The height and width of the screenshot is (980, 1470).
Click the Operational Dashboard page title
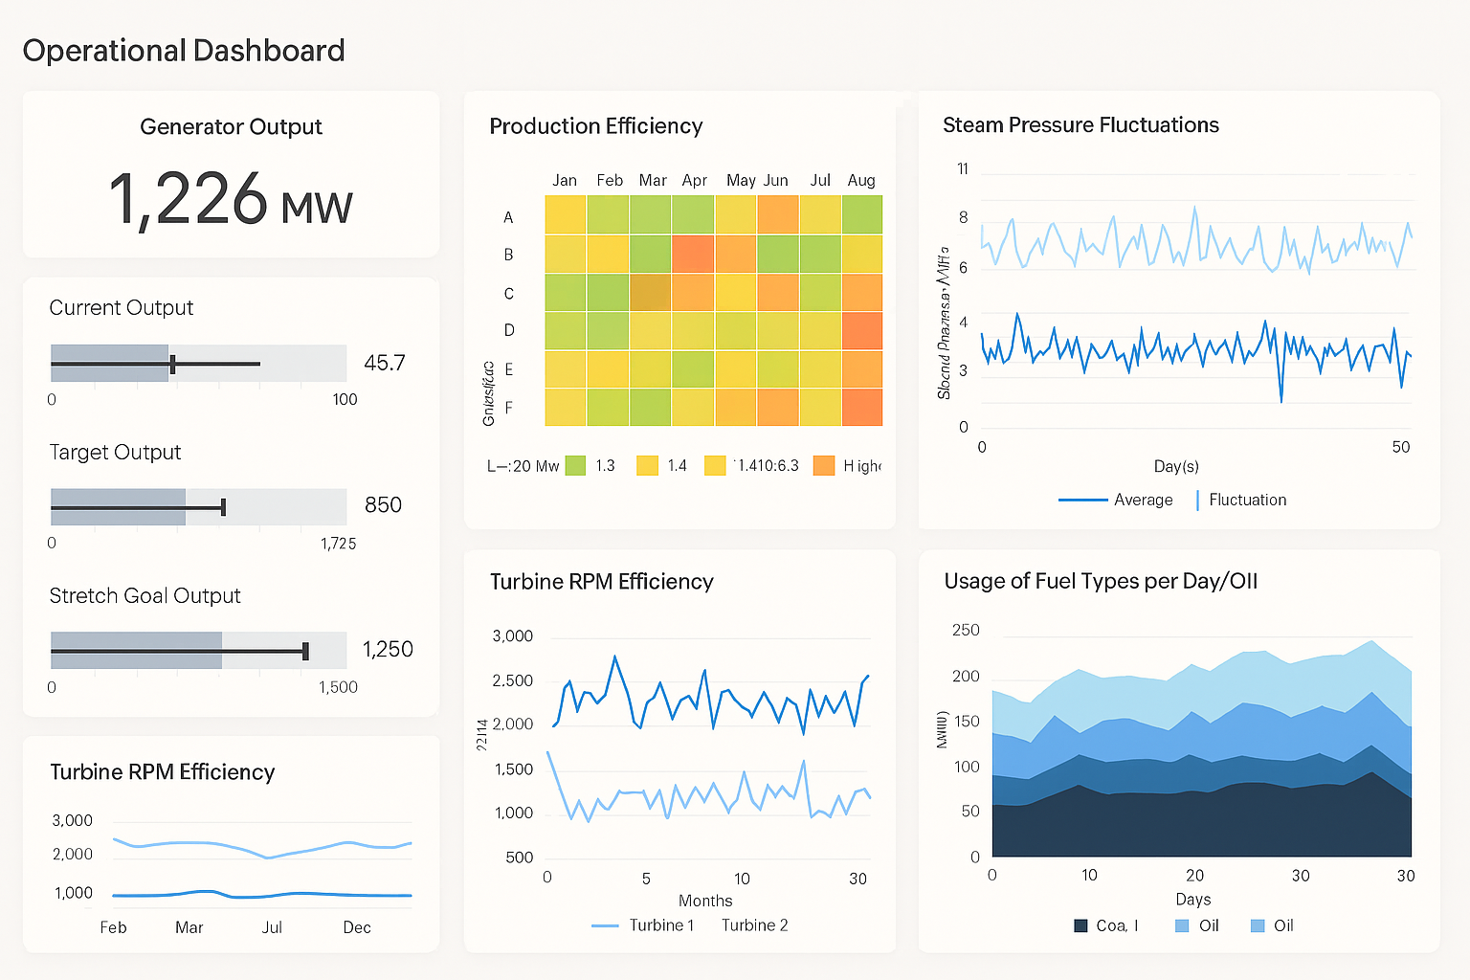tap(184, 51)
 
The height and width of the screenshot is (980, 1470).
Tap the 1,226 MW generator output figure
tap(231, 199)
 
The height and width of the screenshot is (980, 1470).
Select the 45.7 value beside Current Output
tap(385, 363)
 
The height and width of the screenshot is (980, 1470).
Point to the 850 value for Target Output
tap(383, 505)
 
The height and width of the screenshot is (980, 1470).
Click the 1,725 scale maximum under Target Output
tap(338, 544)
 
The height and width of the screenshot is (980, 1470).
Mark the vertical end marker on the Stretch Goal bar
tap(305, 651)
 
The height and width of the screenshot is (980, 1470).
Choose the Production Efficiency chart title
tap(595, 126)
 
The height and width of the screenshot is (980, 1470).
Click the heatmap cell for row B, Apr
tap(693, 254)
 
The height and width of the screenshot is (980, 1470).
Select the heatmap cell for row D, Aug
tap(861, 330)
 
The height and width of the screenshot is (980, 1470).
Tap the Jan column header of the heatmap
tap(565, 180)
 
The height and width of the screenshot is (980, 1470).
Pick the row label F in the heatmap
tap(508, 408)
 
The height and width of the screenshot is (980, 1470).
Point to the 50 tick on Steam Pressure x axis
tap(1400, 447)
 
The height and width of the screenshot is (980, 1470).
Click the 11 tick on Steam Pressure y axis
tap(963, 169)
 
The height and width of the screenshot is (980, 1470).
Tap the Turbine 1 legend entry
tap(660, 925)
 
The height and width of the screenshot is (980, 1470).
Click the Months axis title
tap(705, 901)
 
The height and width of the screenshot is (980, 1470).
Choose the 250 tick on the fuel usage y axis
tap(966, 630)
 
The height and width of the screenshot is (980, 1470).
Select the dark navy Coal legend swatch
tap(1080, 925)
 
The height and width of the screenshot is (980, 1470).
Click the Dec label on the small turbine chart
tap(357, 927)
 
